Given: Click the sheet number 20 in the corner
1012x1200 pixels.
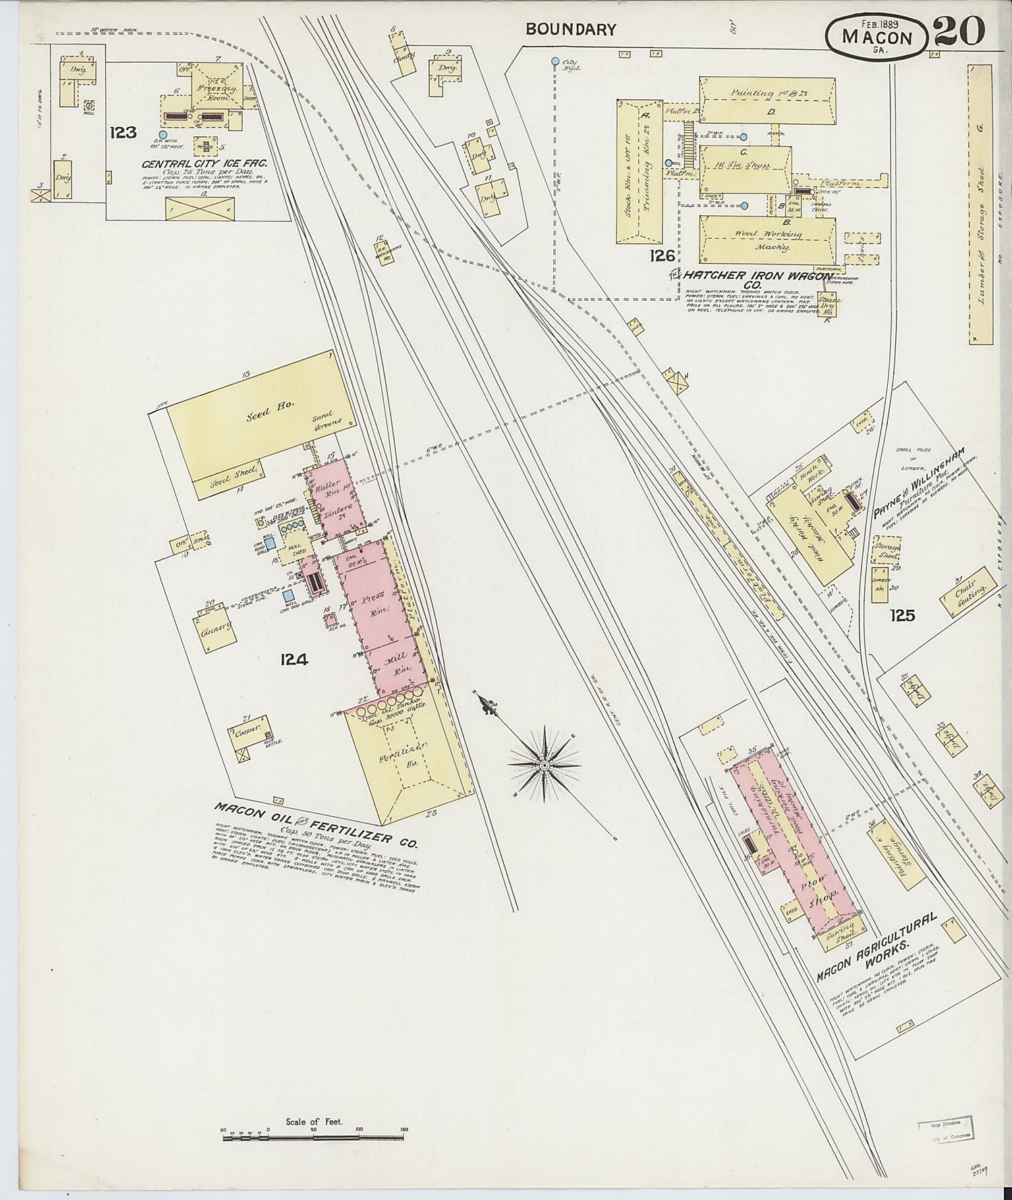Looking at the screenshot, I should coord(959,31).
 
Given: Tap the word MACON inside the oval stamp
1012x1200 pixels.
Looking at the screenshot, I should coord(877,38).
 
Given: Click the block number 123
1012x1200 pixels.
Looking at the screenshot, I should coord(123,132).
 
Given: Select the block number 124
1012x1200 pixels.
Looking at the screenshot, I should coord(295,659).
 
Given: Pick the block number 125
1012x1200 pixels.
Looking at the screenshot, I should coord(902,615).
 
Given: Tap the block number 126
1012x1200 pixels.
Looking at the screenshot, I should coord(662,255).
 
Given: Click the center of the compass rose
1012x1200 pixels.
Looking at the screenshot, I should coord(543,765).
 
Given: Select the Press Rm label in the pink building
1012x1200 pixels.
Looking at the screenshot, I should coord(372,602).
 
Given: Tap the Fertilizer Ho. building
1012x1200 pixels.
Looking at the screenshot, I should coord(405,755).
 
